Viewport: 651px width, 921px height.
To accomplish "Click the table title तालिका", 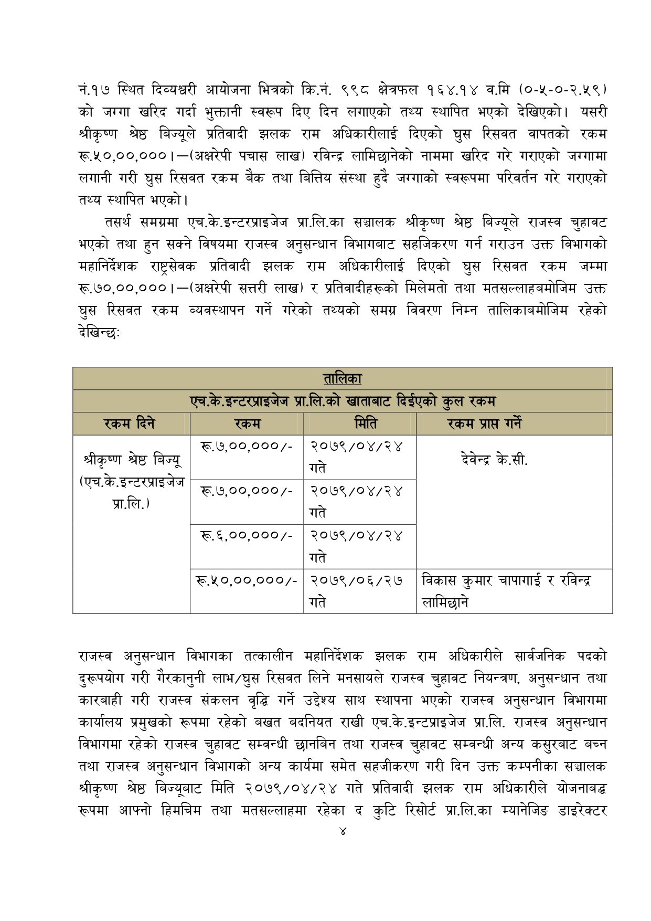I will (x=342, y=378).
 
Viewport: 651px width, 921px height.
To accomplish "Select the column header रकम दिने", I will (x=130, y=424).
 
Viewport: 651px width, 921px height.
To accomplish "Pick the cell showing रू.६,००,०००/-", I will (x=246, y=535).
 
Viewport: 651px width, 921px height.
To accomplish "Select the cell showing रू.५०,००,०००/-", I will (x=247, y=580).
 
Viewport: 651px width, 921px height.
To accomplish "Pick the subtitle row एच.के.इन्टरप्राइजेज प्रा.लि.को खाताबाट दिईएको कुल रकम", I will (x=342, y=401).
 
